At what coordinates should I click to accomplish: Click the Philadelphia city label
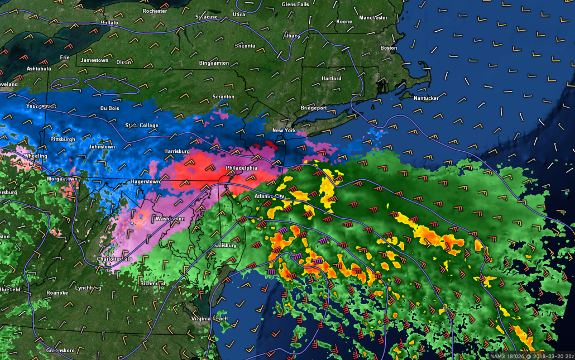point(242,167)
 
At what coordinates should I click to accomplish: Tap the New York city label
point(284,131)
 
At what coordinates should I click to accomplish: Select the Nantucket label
point(425,98)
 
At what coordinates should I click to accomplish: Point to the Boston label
point(389,48)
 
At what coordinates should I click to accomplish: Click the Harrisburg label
point(177,151)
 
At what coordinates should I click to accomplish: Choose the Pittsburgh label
point(62,139)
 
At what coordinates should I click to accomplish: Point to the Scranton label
point(223,97)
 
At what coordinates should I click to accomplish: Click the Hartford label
point(331,79)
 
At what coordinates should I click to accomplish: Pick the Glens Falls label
point(295,4)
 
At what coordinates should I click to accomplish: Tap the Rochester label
point(155,11)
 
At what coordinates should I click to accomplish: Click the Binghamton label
point(214,63)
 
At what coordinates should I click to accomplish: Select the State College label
point(140,125)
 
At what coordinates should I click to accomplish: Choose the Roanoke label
point(57,292)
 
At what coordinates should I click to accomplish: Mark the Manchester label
point(373,18)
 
